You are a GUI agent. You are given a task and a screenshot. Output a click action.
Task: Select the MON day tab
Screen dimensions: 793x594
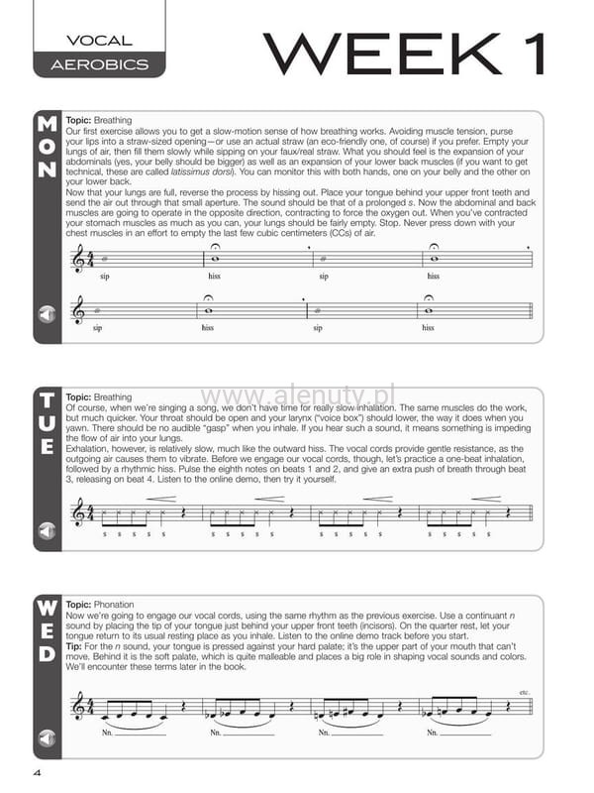click(47, 147)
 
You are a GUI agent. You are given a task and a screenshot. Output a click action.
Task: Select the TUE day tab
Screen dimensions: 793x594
click(47, 424)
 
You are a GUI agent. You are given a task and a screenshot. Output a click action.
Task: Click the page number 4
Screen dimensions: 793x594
click(37, 773)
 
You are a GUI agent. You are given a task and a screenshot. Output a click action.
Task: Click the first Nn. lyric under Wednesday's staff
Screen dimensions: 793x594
click(107, 735)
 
